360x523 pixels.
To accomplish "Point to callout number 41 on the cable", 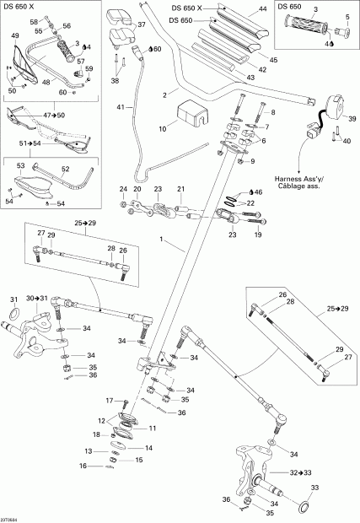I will point(120,107).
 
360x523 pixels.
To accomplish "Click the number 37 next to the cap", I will point(141,25).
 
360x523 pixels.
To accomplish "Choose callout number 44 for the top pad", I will point(262,8).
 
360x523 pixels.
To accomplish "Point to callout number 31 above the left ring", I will point(13,299).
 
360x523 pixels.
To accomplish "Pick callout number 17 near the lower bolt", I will point(108,400).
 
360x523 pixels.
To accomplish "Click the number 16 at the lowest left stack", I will point(83,466).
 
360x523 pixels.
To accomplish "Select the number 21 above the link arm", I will point(180,188).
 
